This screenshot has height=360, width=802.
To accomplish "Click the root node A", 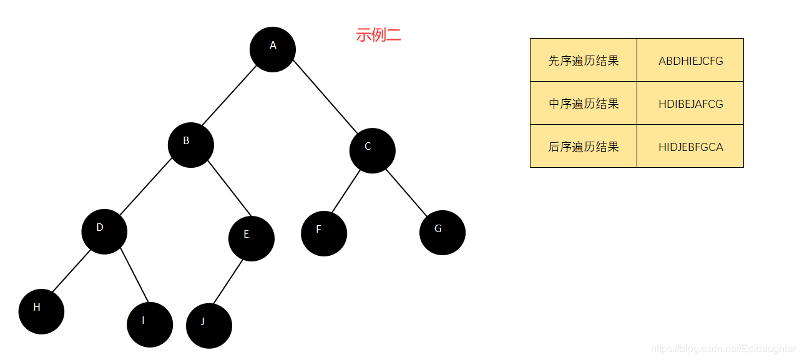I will pyautogui.click(x=272, y=49).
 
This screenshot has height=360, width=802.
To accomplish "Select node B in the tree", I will pyautogui.click(x=190, y=145).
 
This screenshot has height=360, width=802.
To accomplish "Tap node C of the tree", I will pyautogui.click(x=372, y=150).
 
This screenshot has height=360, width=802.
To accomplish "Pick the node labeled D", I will pyautogui.click(x=104, y=231).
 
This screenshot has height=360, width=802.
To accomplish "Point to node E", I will pyautogui.click(x=251, y=238).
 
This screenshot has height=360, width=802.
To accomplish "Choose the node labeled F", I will pyautogui.click(x=323, y=233).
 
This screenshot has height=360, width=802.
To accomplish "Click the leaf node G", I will pyautogui.click(x=442, y=233).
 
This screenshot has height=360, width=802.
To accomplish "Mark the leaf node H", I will pyautogui.click(x=41, y=311).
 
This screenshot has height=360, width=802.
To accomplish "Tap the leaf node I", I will pyautogui.click(x=149, y=324).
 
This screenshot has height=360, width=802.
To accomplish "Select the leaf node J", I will pyautogui.click(x=208, y=326).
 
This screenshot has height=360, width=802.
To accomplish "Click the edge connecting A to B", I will pyautogui.click(x=228, y=97).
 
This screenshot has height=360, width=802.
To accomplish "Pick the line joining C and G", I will pyautogui.click(x=406, y=191).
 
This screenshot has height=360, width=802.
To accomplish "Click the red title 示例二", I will pyautogui.click(x=378, y=35).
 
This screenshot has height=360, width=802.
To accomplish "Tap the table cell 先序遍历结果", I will pyautogui.click(x=584, y=61).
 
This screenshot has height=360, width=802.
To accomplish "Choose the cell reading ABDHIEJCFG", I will pyautogui.click(x=690, y=61).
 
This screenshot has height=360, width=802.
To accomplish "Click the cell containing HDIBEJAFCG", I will pyautogui.click(x=690, y=104).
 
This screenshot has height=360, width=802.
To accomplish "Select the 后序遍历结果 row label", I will pyautogui.click(x=584, y=147).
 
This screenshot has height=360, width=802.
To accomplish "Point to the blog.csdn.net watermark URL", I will pyautogui.click(x=723, y=349).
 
